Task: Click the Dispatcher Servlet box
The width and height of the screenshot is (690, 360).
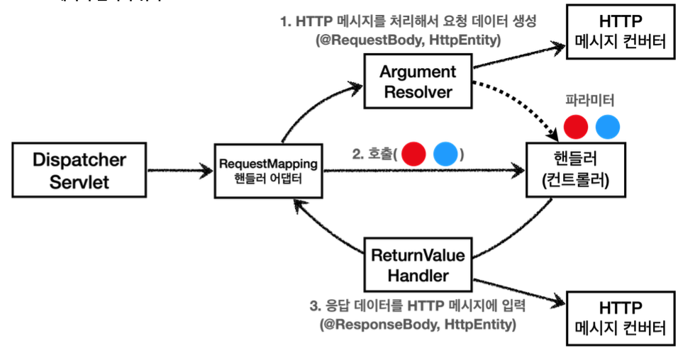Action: [x=80, y=170]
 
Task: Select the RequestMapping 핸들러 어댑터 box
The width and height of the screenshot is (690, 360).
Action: [x=269, y=171]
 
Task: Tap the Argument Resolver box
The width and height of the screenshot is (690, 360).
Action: [x=418, y=82]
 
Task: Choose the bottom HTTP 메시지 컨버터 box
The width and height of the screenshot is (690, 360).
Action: [x=621, y=317]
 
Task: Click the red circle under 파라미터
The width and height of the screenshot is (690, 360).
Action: [x=576, y=127]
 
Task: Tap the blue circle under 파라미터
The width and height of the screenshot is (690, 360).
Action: [x=608, y=127]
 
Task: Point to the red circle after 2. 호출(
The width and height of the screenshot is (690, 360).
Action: [x=413, y=154]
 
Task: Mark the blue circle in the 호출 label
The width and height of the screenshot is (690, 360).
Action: [x=445, y=154]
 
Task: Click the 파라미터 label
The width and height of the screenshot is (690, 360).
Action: [x=589, y=100]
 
